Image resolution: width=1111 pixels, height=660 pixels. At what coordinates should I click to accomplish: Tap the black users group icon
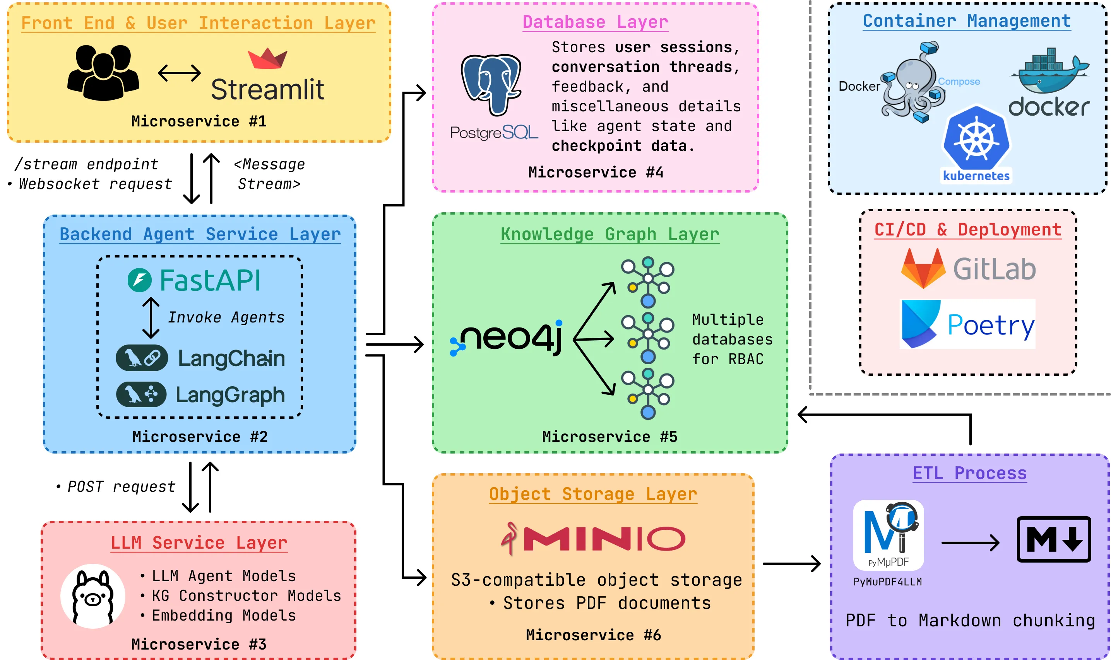click(103, 72)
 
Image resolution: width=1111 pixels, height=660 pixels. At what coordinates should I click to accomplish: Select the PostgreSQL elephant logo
click(491, 84)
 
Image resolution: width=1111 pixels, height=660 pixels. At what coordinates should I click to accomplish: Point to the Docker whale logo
click(1049, 71)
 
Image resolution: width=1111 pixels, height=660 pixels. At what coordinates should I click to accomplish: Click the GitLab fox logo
click(923, 268)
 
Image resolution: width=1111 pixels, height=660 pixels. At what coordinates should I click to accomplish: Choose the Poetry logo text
click(991, 326)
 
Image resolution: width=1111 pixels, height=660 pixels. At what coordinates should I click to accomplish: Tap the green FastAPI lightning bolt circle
click(139, 280)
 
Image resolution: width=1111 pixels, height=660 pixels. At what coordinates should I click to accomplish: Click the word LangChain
click(231, 358)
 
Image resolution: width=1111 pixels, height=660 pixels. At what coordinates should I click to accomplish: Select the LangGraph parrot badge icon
click(141, 394)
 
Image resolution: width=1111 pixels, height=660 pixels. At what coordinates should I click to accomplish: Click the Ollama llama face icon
click(92, 596)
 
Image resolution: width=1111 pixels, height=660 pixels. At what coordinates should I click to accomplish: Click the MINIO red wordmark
click(604, 539)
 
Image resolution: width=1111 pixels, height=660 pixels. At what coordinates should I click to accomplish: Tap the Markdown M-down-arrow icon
click(1054, 539)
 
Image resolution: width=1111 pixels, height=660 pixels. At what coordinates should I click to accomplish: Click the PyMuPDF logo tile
click(888, 535)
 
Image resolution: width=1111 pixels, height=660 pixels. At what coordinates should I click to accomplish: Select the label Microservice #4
click(596, 172)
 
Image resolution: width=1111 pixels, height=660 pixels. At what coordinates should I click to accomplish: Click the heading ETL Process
click(969, 473)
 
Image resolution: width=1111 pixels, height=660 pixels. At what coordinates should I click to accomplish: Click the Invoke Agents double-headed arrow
click(151, 318)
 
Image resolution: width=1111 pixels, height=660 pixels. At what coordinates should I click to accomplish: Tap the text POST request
click(121, 486)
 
